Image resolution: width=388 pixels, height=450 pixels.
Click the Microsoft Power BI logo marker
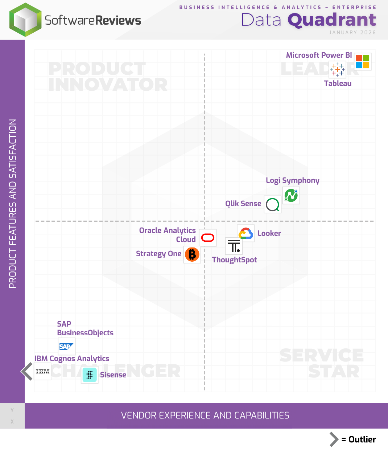[x=362, y=62]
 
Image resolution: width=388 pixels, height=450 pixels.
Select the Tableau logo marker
[x=337, y=69]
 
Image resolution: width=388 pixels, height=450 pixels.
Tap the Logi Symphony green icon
[x=291, y=196]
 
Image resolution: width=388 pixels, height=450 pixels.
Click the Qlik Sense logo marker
[x=272, y=205]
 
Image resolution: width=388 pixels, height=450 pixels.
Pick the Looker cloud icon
[x=245, y=233]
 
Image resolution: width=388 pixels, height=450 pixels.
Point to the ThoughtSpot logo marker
[x=234, y=246]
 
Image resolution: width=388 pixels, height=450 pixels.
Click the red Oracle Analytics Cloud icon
[x=208, y=238]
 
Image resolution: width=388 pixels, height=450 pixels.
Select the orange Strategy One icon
[x=192, y=254]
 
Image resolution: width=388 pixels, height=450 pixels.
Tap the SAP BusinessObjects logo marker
[x=66, y=347]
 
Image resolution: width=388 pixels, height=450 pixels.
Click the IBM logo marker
[x=42, y=372]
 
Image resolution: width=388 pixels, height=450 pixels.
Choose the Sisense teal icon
[x=90, y=375]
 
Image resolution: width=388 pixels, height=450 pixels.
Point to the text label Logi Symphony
[x=292, y=180]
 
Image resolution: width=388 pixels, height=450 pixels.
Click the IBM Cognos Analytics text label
[x=72, y=359]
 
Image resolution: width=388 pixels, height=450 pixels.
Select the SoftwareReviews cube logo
[x=25, y=20]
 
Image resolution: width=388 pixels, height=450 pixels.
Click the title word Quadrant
[x=332, y=20]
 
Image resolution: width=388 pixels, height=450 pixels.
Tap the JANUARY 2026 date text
[x=352, y=32]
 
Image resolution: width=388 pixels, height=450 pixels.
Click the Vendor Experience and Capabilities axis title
[x=205, y=416]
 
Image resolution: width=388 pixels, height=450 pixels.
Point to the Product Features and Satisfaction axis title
[x=13, y=203]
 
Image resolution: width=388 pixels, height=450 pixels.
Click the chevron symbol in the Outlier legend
[x=334, y=439]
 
